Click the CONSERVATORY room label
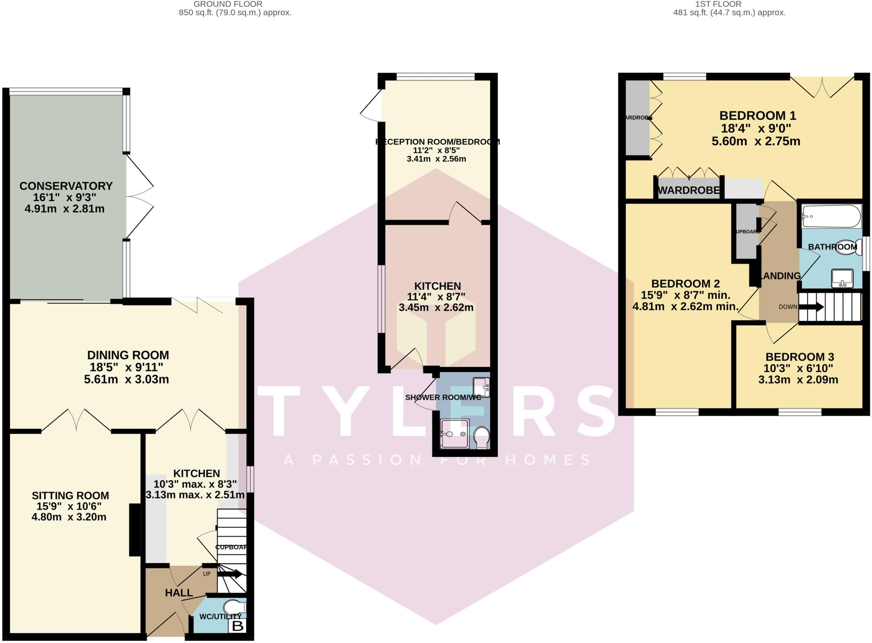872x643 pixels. pos(66,186)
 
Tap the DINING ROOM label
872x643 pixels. pos(128,355)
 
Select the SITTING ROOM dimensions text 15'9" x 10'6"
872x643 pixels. pos(70,506)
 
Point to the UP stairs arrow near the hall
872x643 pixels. pos(230,574)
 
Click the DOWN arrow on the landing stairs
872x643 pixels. pos(811,307)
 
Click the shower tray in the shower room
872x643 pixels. pos(455,434)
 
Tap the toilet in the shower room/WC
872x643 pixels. pos(482,438)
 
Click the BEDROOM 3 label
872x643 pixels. pos(800,357)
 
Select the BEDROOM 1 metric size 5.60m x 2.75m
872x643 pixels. pos(756,141)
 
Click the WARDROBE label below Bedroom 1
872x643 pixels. pos(688,190)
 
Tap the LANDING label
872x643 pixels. pos(780,276)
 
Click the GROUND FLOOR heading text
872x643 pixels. pos(228,4)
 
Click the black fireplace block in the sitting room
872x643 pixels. pos(135,530)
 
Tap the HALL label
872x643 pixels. pos(179,593)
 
